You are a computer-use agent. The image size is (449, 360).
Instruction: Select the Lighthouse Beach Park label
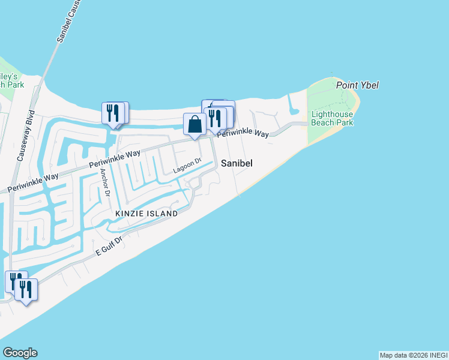tap(332, 118)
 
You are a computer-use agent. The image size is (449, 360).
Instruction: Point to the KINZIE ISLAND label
tap(147, 214)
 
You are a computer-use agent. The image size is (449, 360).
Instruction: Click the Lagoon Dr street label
tap(187, 166)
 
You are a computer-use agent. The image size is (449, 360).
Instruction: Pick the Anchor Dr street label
tap(105, 182)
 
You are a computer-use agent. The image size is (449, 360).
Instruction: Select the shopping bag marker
tap(195, 124)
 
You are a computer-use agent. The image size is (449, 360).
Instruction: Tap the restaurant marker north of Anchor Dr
tap(115, 113)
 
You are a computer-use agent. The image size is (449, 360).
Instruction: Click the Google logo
tap(20, 353)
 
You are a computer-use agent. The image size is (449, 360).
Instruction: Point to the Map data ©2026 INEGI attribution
tap(414, 355)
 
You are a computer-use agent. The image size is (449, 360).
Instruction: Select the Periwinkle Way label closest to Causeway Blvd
tap(34, 182)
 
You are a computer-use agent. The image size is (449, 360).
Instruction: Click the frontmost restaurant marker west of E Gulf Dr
tap(26, 290)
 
